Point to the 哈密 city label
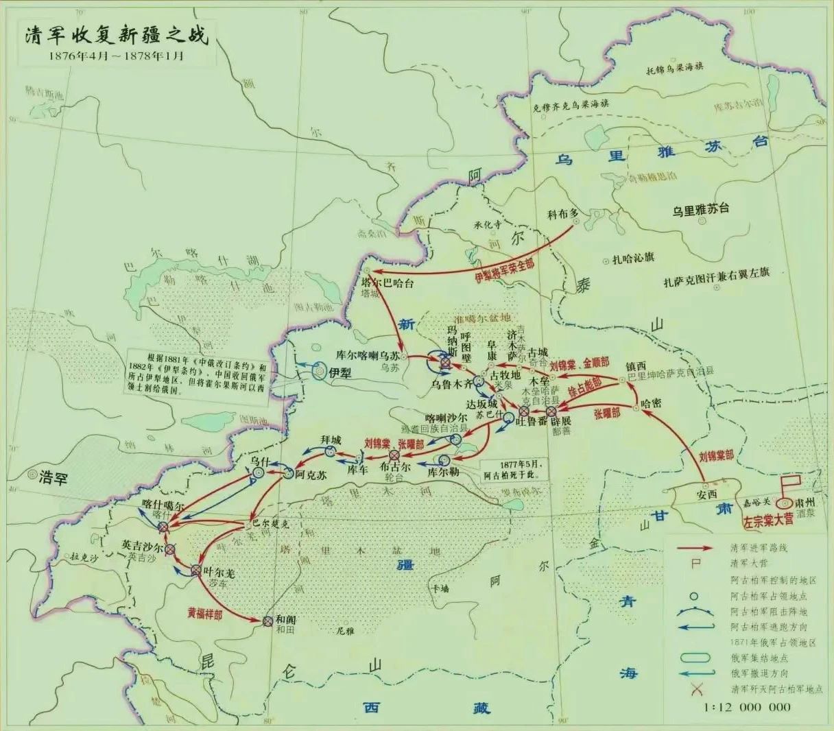(652, 403)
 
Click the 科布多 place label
(564, 213)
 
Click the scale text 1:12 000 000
(748, 707)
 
